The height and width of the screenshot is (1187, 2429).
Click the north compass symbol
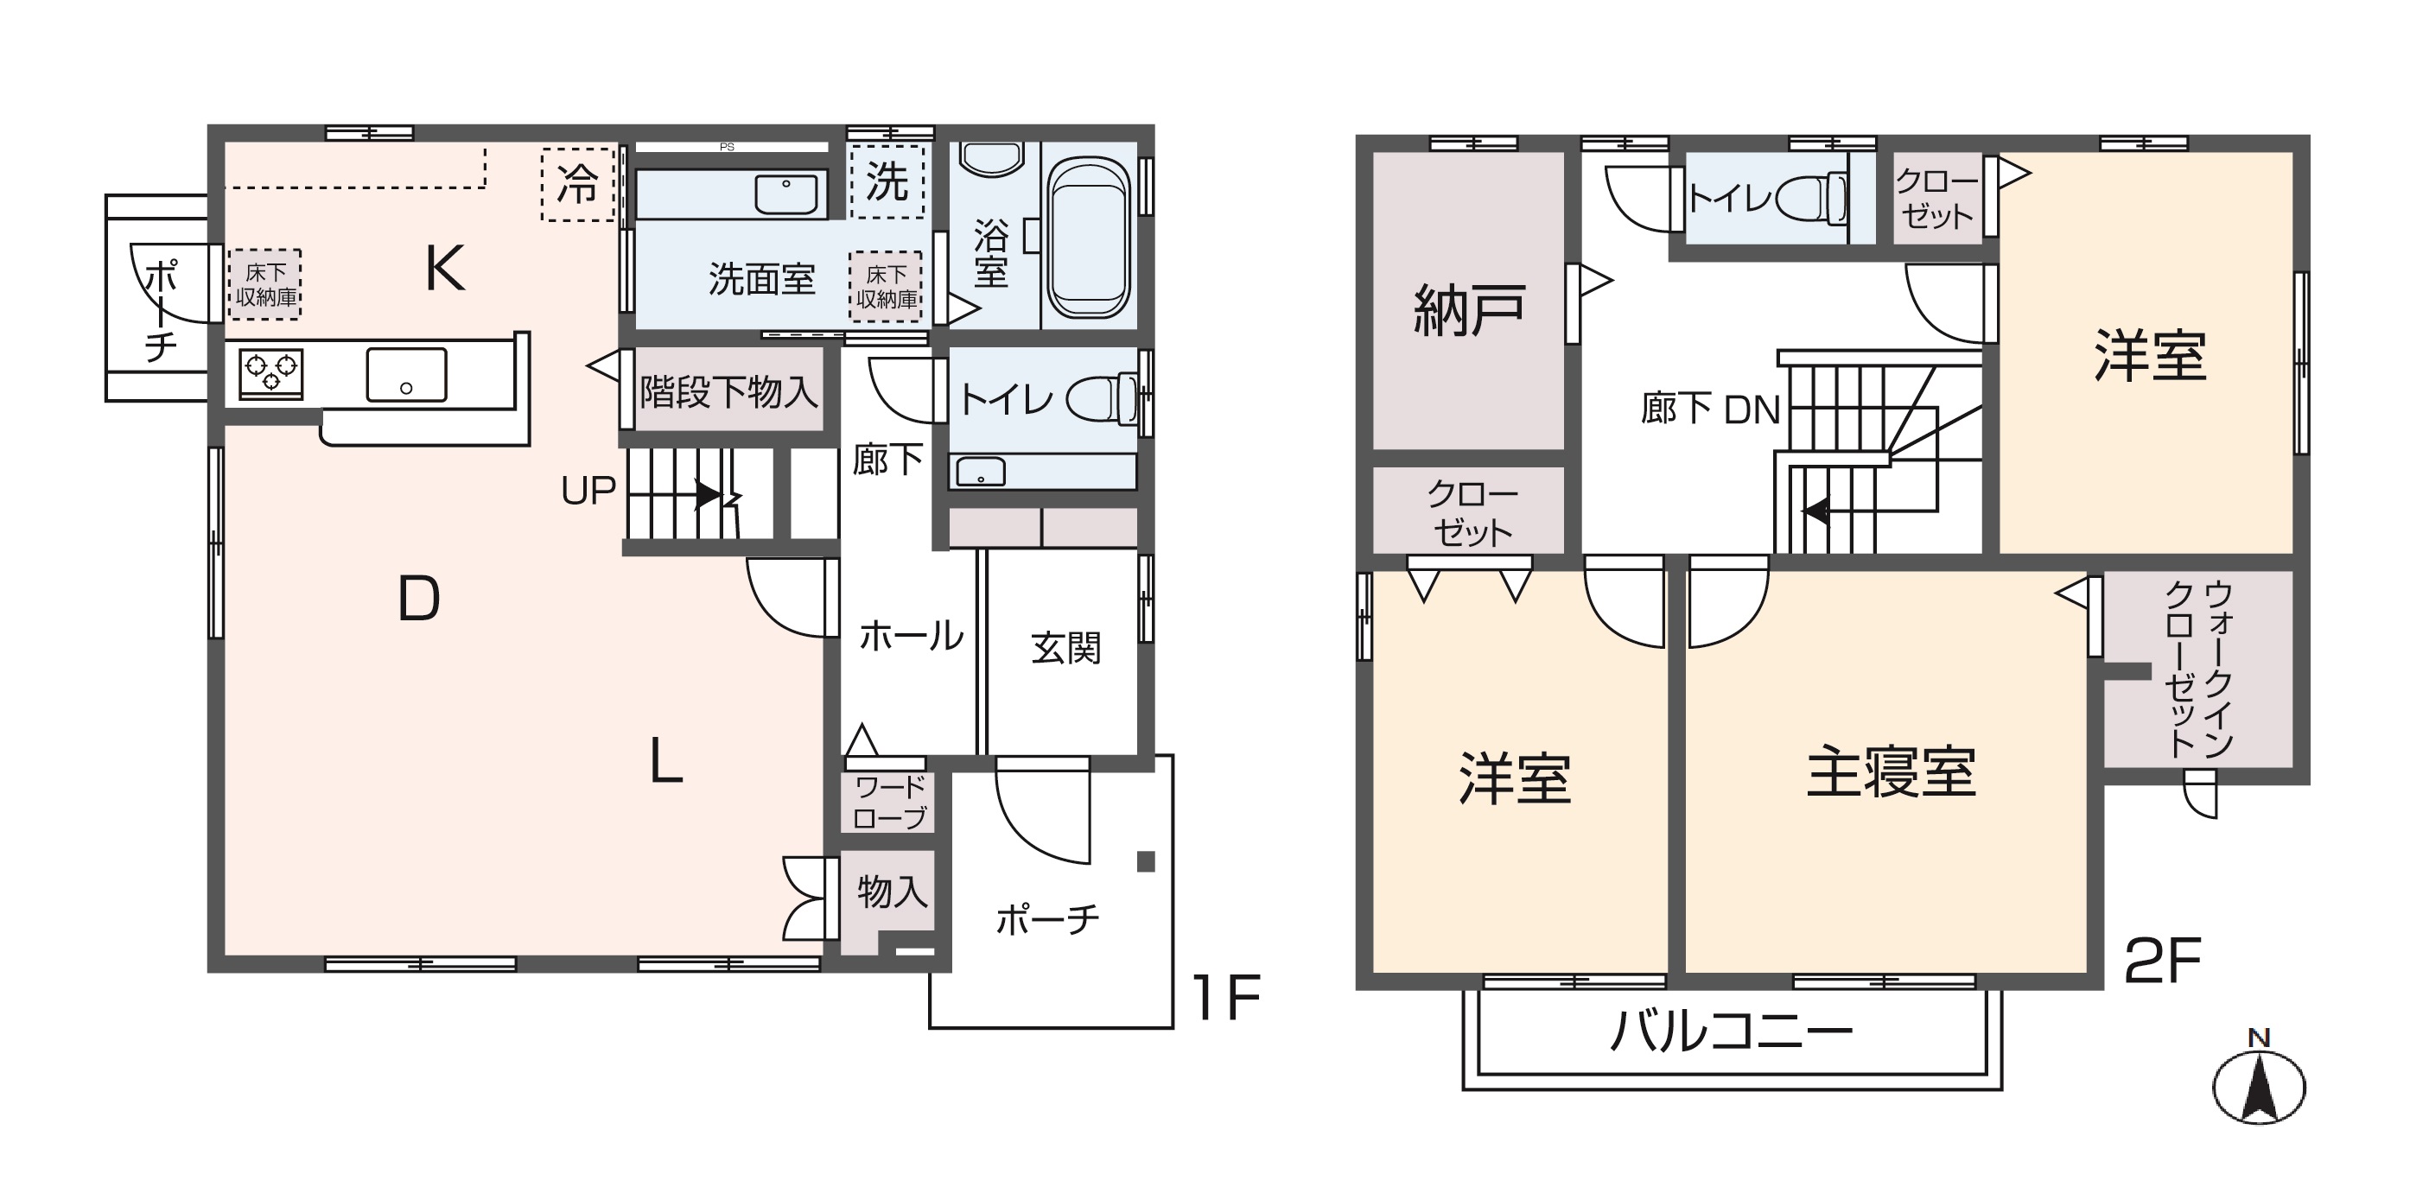pos(2258,1085)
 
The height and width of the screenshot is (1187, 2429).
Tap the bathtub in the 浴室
pos(1088,239)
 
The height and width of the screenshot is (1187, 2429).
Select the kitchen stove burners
pos(271,371)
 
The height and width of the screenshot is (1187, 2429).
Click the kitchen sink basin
pos(406,374)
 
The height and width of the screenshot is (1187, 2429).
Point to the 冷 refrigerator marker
pos(577,185)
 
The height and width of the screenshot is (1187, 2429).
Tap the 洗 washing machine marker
pos(887,182)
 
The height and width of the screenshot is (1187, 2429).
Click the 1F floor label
pos(1225,998)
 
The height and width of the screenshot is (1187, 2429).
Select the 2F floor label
pos(2161,961)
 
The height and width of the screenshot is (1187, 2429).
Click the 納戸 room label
pos(1468,310)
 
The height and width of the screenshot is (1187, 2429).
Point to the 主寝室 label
pos(1891,772)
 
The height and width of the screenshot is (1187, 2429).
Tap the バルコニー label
pos(1731,1031)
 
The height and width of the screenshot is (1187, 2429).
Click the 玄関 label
pos(1065,649)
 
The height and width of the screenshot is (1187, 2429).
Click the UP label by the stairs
pos(588,490)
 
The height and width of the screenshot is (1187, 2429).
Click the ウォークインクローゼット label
pos(2199,670)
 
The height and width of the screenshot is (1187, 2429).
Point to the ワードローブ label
pos(889,803)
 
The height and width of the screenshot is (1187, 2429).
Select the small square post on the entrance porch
pos(1146,860)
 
